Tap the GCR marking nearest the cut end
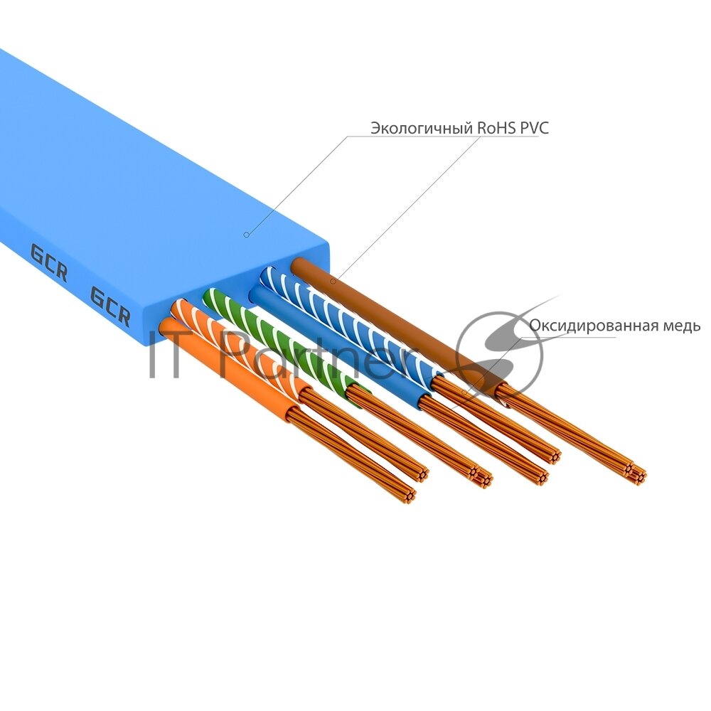point(110,305)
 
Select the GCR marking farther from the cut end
point(48,262)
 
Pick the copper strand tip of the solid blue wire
point(541,475)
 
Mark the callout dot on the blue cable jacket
point(246,234)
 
